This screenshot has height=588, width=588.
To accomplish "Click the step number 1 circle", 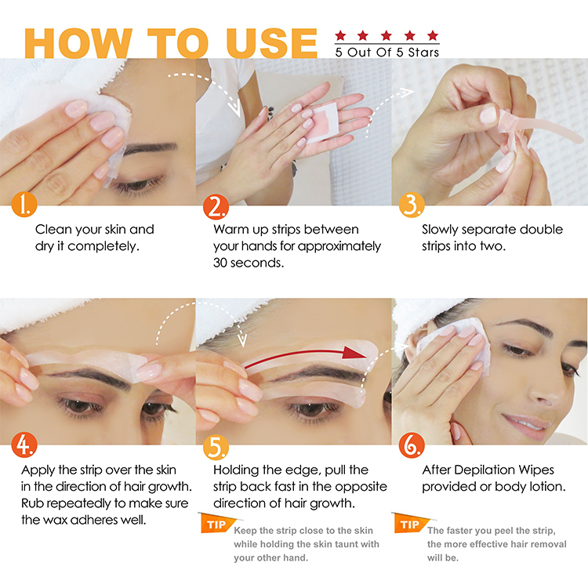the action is [x=24, y=205].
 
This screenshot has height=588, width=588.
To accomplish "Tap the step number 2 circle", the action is [x=216, y=206].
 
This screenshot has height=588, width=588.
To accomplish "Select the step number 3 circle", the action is [x=412, y=205].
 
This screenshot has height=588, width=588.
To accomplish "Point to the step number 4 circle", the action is [x=24, y=445].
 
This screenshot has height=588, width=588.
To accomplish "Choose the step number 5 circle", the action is [x=216, y=447].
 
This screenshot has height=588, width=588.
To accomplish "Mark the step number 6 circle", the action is [x=412, y=445].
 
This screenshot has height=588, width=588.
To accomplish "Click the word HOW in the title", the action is [x=78, y=43].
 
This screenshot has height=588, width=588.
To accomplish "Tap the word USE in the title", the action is [x=272, y=43].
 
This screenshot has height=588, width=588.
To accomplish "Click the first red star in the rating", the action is [x=340, y=35].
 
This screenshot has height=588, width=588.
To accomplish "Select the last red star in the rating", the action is [x=433, y=35].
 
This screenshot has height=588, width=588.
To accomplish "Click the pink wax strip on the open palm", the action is [x=323, y=122].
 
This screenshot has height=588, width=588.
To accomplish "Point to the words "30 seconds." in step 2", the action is [x=249, y=263].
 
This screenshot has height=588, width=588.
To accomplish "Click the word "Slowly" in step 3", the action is [x=440, y=230].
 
